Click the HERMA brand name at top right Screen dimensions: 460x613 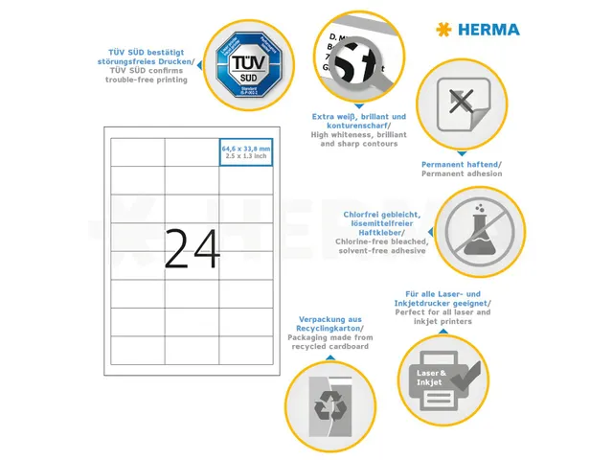(488, 30)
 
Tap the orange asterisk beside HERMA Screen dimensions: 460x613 (443, 30)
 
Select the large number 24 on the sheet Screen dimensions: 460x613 (193, 248)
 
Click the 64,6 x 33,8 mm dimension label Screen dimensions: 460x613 (245, 149)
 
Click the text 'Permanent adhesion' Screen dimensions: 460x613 (462, 173)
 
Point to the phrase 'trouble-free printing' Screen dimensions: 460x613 (147, 80)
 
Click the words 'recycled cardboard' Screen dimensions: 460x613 (329, 346)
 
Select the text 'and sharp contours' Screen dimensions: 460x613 (358, 144)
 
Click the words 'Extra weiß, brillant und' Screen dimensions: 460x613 (358, 117)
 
